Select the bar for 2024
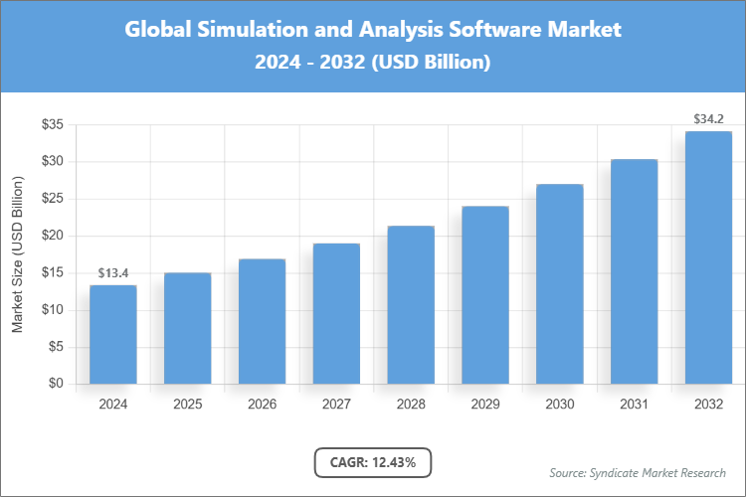(112, 334)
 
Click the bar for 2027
(336, 313)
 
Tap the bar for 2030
(560, 283)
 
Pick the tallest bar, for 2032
(708, 257)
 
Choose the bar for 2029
(485, 294)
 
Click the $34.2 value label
(708, 119)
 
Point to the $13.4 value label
(112, 273)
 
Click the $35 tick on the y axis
(52, 124)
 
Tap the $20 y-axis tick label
(52, 236)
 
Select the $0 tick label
(56, 384)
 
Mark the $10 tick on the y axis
(52, 310)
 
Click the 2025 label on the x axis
(187, 405)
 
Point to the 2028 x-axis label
(411, 405)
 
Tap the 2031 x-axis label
(634, 405)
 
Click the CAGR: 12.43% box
(373, 462)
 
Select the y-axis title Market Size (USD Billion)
(17, 255)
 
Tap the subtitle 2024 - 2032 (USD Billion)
(373, 62)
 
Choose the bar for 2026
(262, 321)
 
